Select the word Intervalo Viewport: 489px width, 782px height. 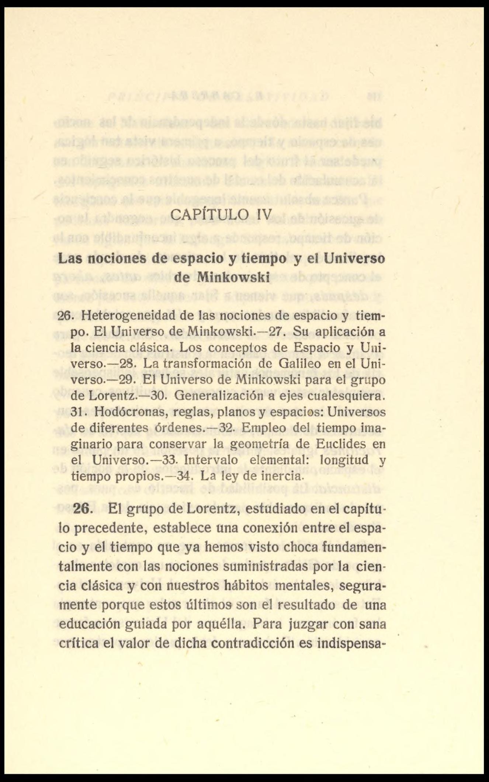point(211,460)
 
